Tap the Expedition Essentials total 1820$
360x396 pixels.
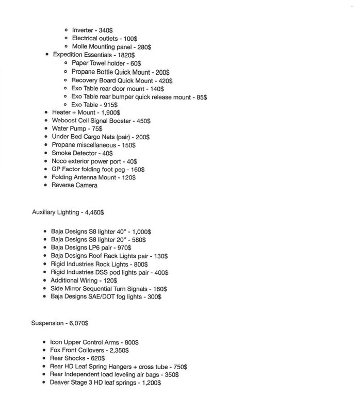point(126,55)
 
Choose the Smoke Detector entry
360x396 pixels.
point(82,153)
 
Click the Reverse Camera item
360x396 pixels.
point(75,185)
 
